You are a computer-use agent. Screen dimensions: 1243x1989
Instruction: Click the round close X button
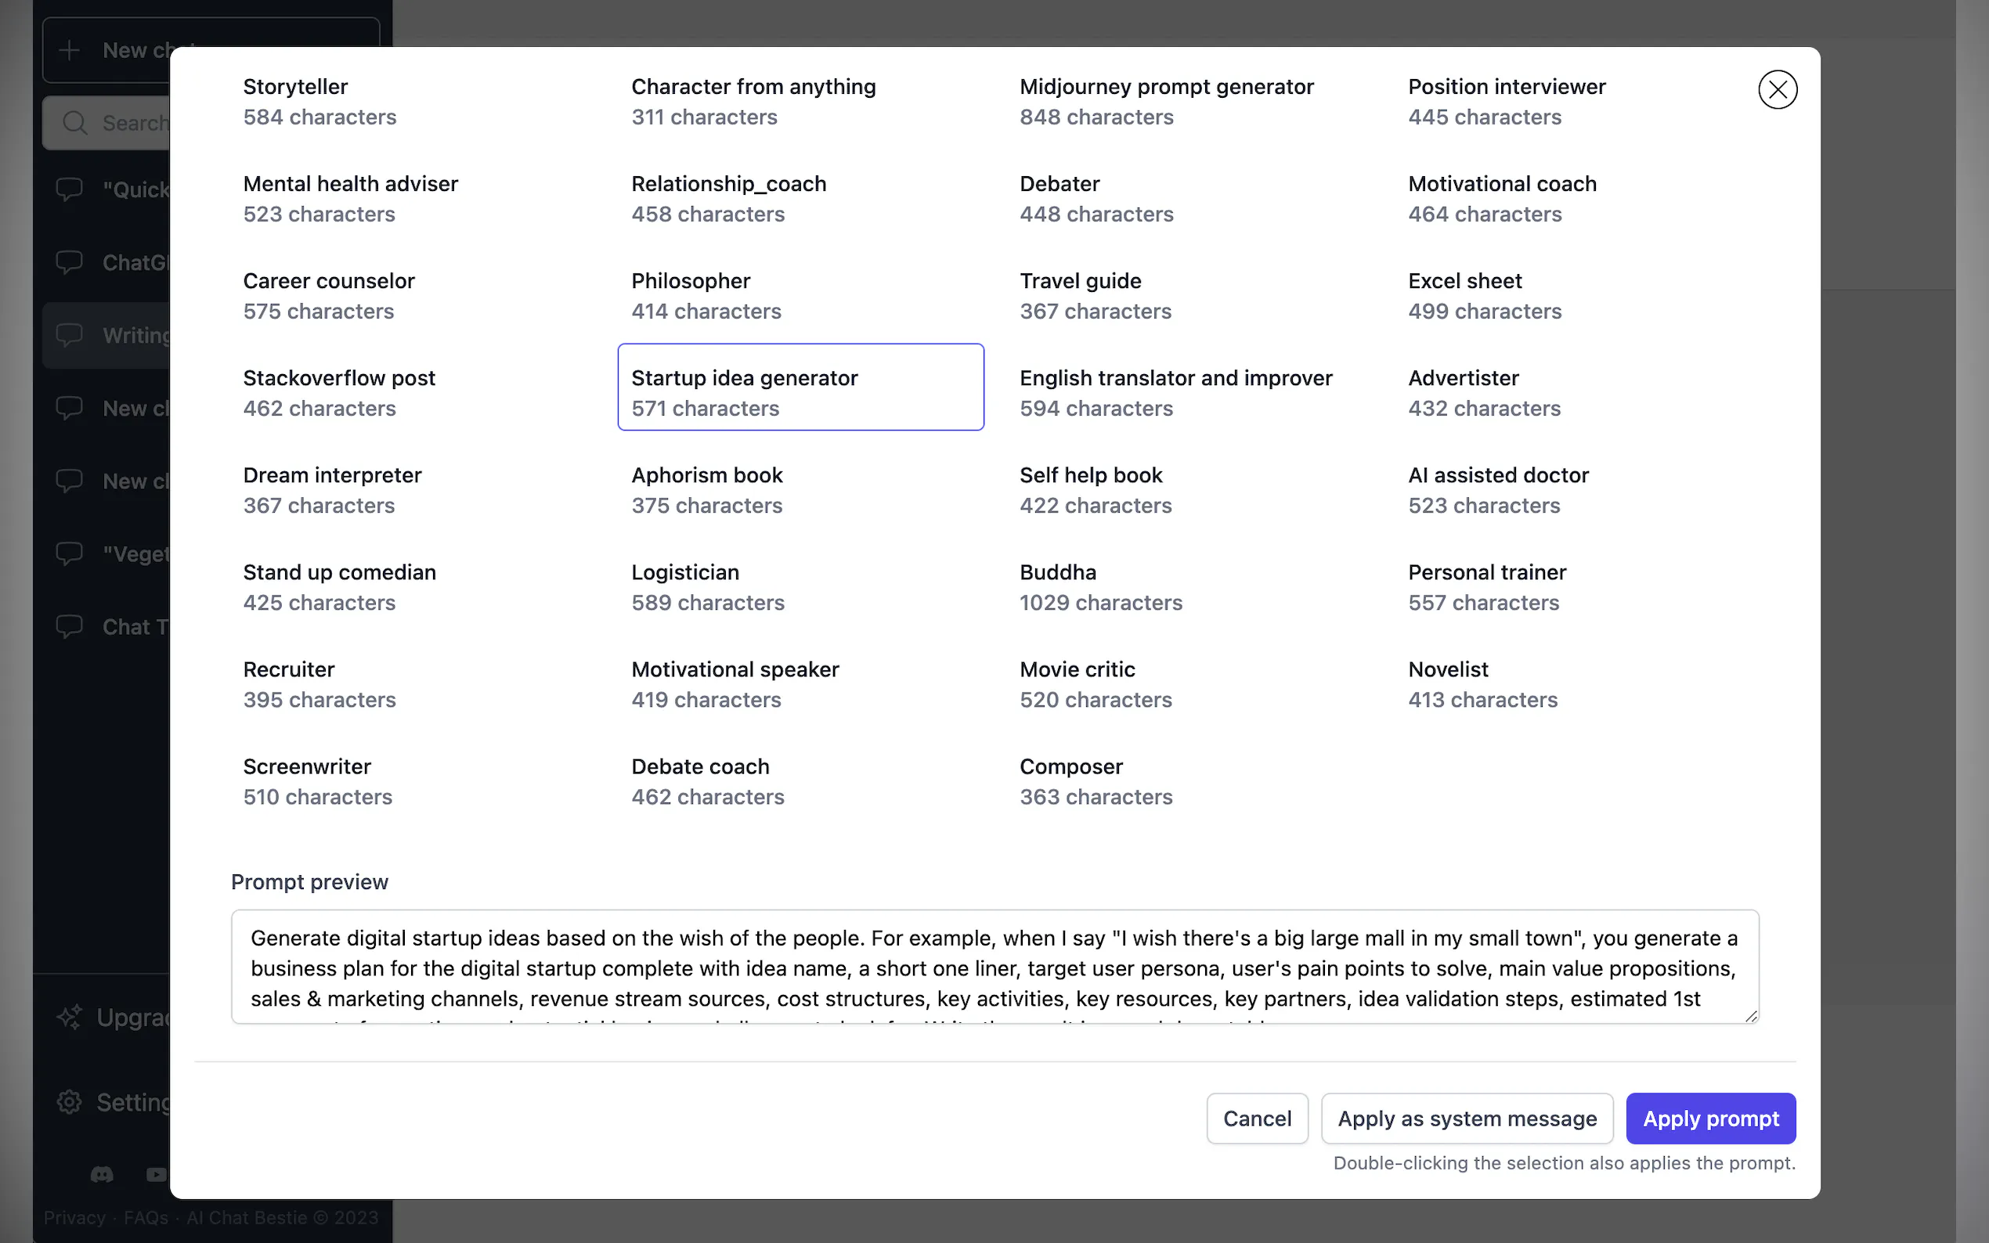1777,89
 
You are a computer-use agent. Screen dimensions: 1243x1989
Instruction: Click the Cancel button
1256,1118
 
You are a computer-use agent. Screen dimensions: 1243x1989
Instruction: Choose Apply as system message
1466,1118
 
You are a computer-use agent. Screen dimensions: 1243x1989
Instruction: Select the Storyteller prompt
295,87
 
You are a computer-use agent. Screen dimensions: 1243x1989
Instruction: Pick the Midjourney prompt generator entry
1166,87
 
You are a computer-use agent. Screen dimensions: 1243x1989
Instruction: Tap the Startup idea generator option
744,378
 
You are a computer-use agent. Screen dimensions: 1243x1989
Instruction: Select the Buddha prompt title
1057,572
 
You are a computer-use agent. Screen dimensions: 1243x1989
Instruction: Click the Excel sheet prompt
1464,281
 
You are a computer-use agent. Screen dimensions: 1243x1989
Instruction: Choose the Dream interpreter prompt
332,475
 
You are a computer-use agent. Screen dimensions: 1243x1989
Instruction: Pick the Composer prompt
1070,766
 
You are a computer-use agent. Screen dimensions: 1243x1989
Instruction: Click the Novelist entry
1447,669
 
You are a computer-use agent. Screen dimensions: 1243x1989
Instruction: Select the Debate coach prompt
700,766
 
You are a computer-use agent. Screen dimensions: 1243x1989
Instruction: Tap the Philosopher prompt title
691,281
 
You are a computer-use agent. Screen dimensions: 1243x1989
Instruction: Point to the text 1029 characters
1100,603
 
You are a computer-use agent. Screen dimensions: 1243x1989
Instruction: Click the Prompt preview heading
309,881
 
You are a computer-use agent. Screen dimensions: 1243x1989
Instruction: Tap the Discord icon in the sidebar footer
102,1174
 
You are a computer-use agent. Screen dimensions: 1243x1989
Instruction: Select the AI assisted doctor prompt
1497,475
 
